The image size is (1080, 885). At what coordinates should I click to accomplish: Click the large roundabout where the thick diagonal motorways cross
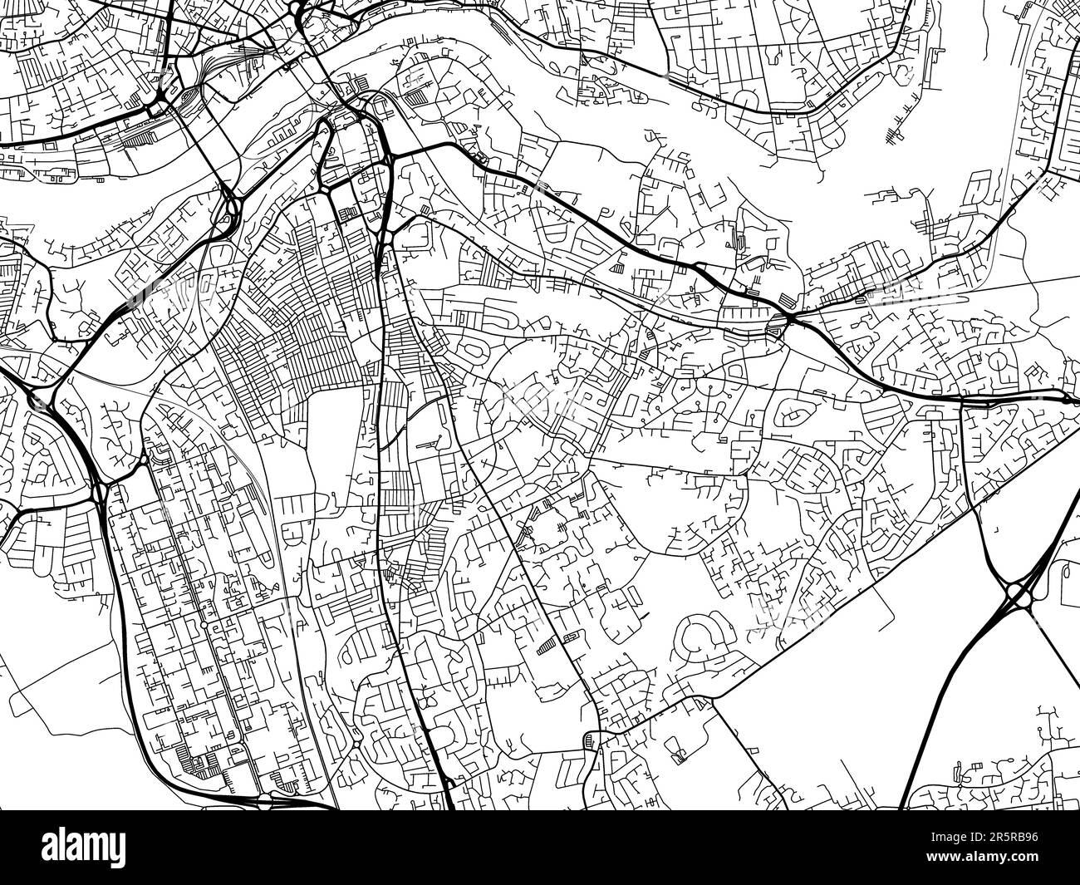point(1019,592)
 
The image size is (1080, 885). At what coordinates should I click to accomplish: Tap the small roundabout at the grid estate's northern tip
point(144,459)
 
